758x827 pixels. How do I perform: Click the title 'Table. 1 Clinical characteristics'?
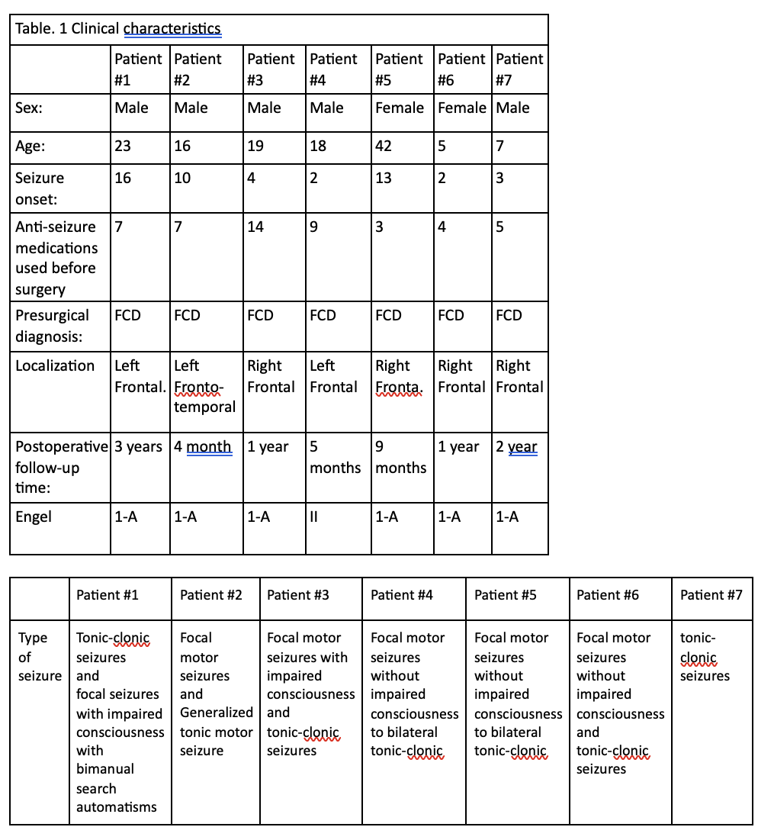pos(118,30)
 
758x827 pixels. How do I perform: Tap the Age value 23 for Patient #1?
pos(123,146)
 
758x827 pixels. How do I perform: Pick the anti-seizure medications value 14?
pos(256,227)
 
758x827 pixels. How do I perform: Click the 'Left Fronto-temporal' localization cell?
pos(205,386)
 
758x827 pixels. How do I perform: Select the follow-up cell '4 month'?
pos(203,447)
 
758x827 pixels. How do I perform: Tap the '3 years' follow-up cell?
pos(138,447)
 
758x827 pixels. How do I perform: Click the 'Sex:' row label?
pos(29,108)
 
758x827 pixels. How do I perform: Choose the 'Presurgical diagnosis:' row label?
pos(52,326)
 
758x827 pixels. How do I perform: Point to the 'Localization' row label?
pos(55,365)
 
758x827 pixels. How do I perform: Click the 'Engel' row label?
pos(34,516)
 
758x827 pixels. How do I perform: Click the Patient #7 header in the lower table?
pos(711,595)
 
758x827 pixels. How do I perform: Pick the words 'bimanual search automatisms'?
pos(116,788)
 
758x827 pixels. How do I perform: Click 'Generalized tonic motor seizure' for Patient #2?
pos(217,732)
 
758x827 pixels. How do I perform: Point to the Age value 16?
pos(182,146)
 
